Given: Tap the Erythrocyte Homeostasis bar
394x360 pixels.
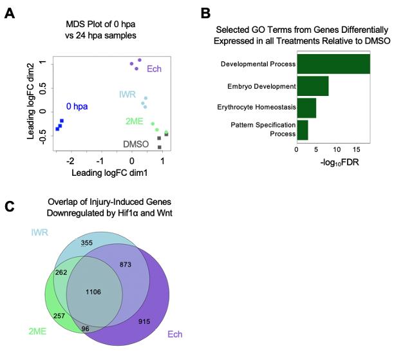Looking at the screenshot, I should [x=306, y=108].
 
